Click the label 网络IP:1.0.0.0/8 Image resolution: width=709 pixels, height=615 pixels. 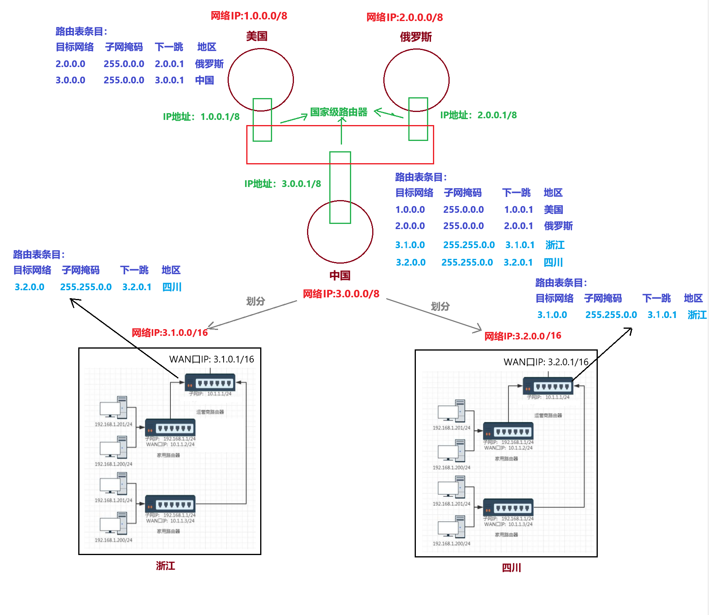tap(249, 16)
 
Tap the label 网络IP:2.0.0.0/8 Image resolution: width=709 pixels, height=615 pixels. tap(404, 17)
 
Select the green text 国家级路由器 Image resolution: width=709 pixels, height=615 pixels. tap(339, 112)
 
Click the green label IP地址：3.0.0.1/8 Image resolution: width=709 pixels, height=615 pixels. tap(282, 184)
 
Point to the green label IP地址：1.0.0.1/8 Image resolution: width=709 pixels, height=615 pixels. tap(201, 117)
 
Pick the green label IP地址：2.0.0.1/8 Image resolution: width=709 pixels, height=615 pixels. tap(478, 115)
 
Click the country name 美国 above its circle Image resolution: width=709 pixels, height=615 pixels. tap(257, 37)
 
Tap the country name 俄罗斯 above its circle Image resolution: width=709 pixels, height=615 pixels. tap(415, 37)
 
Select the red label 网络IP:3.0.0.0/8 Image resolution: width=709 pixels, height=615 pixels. tap(341, 294)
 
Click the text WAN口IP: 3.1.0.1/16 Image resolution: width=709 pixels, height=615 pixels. tap(211, 359)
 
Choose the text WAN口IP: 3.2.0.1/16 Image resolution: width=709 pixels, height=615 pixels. tap(546, 362)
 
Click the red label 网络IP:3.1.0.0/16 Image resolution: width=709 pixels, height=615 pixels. tap(170, 333)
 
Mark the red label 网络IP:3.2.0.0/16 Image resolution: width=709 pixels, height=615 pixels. tap(523, 336)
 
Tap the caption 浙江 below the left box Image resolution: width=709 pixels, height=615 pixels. tap(165, 566)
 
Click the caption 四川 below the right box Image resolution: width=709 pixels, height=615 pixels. tap(511, 568)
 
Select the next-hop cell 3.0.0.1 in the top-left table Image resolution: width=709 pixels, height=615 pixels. tap(169, 80)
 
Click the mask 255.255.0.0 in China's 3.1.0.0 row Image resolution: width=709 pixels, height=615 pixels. tap(469, 245)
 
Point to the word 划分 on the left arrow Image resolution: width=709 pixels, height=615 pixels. tap(255, 301)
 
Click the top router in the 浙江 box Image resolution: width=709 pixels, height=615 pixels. tap(210, 383)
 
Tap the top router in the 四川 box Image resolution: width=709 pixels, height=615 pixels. tap(548, 386)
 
